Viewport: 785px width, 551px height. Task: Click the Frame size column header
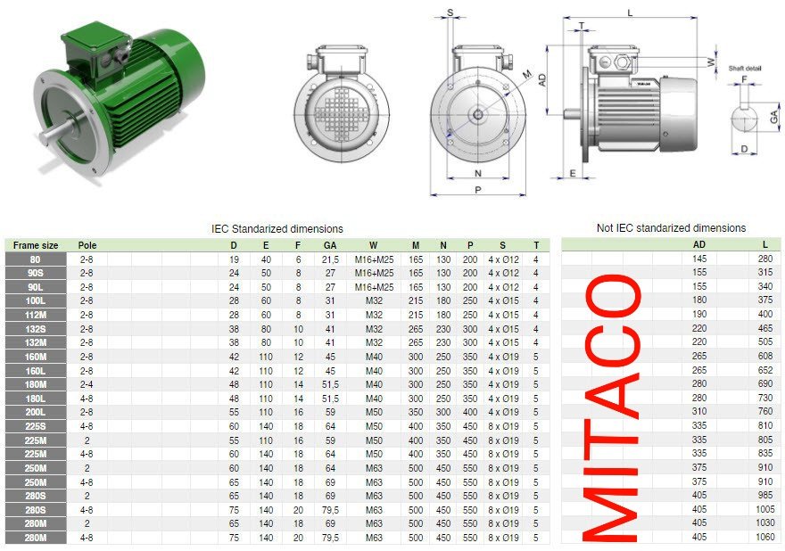[36, 245]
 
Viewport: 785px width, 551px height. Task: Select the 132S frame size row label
[36, 329]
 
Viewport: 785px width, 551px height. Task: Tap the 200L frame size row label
[36, 413]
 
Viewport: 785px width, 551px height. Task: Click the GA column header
[330, 245]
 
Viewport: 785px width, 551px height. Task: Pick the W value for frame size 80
[374, 259]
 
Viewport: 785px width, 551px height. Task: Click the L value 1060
[765, 537]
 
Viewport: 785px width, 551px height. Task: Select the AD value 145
[699, 259]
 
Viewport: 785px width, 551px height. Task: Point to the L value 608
[765, 356]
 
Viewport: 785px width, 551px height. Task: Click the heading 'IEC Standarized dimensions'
[277, 229]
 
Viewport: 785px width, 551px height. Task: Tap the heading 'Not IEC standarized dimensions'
[672, 227]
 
